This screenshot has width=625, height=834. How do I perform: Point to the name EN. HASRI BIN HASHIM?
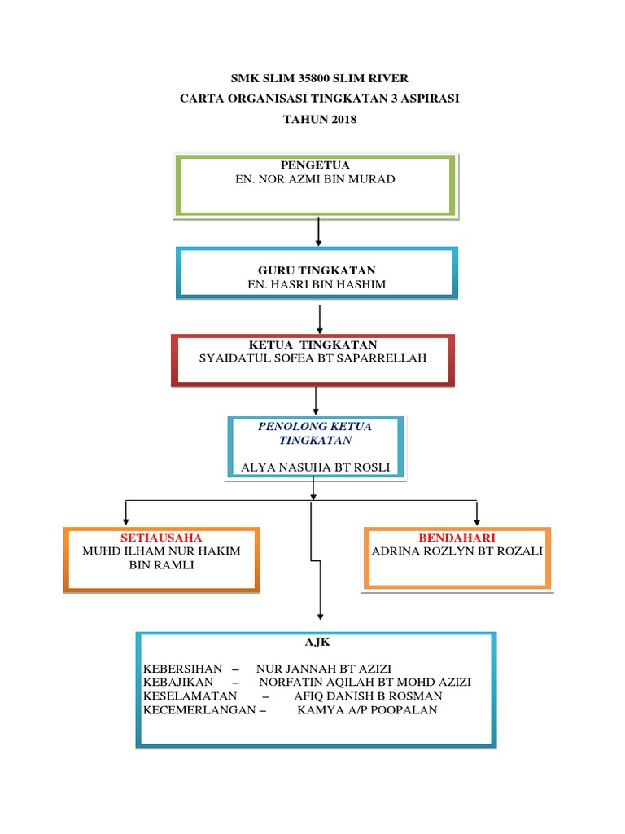pyautogui.click(x=317, y=284)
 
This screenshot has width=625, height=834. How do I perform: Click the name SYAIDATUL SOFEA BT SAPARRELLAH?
pyautogui.click(x=313, y=358)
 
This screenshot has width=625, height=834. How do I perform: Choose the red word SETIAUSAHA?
pyautogui.click(x=161, y=538)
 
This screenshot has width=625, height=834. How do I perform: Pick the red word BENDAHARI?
pyautogui.click(x=457, y=538)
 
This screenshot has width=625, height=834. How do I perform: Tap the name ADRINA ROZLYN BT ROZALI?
pyautogui.click(x=457, y=551)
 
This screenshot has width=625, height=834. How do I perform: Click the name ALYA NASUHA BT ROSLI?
pyautogui.click(x=316, y=467)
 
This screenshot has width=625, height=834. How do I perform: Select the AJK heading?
pyautogui.click(x=314, y=643)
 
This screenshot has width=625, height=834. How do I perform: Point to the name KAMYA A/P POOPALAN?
pyautogui.click(x=367, y=710)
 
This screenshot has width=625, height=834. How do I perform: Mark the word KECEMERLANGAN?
pyautogui.click(x=199, y=710)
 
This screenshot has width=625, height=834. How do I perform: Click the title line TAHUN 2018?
pyautogui.click(x=319, y=120)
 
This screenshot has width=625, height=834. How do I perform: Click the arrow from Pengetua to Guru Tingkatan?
pyautogui.click(x=318, y=231)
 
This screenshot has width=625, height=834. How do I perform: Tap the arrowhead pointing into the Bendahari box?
pyautogui.click(x=477, y=519)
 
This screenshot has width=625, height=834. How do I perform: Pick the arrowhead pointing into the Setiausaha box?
pyautogui.click(x=125, y=519)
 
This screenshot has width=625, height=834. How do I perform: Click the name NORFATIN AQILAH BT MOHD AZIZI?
pyautogui.click(x=365, y=683)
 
